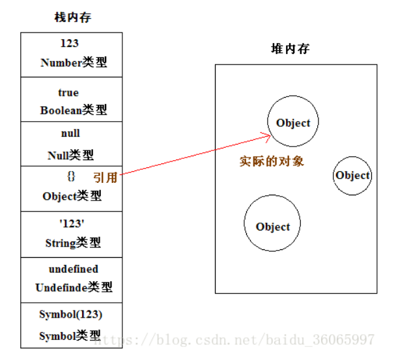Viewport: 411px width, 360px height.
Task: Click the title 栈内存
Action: pyautogui.click(x=72, y=18)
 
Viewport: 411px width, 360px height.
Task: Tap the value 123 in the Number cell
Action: pyautogui.click(x=70, y=44)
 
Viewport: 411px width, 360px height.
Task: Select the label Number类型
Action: pyautogui.click(x=73, y=63)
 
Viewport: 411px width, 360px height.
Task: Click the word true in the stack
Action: pyautogui.click(x=68, y=92)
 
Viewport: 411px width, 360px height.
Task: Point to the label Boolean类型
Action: pyautogui.click(x=73, y=110)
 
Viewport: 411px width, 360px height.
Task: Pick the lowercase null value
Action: pyautogui.click(x=70, y=133)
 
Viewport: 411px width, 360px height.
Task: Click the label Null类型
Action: pyautogui.click(x=70, y=155)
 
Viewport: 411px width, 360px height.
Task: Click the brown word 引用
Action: pyautogui.click(x=105, y=177)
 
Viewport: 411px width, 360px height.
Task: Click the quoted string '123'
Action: pyautogui.click(x=72, y=223)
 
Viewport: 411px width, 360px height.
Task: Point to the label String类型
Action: pyautogui.click(x=72, y=243)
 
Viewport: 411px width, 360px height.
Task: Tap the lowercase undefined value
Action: pyautogui.click(x=73, y=269)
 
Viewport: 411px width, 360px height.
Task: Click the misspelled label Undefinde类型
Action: pyautogui.click(x=73, y=287)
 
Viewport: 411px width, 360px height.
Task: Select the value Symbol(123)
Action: pyautogui.click(x=70, y=314)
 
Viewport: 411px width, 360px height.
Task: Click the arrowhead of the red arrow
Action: pyautogui.click(x=267, y=135)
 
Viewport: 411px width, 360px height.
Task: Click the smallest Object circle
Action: pyautogui.click(x=352, y=175)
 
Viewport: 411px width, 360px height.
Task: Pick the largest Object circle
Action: pyautogui.click(x=272, y=225)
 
